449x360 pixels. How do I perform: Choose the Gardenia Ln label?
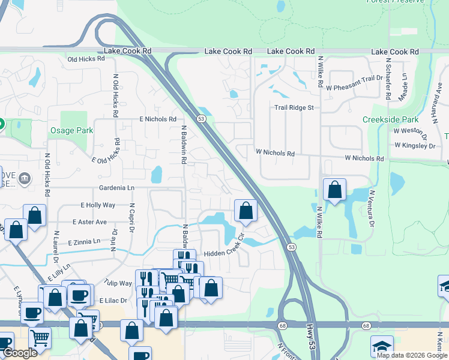[x=117, y=188]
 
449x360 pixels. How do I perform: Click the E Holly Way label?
[x=98, y=205]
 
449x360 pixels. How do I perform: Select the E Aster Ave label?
[x=89, y=222]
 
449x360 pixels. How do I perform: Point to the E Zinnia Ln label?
[x=84, y=242]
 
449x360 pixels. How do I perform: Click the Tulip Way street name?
[x=117, y=283]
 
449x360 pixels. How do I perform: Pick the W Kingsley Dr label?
[x=414, y=145]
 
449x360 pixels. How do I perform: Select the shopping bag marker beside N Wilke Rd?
[x=334, y=190]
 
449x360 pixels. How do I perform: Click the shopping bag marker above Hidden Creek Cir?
[x=246, y=210]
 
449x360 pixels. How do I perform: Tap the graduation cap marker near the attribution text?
[x=382, y=347]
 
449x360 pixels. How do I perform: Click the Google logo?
[x=20, y=353]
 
